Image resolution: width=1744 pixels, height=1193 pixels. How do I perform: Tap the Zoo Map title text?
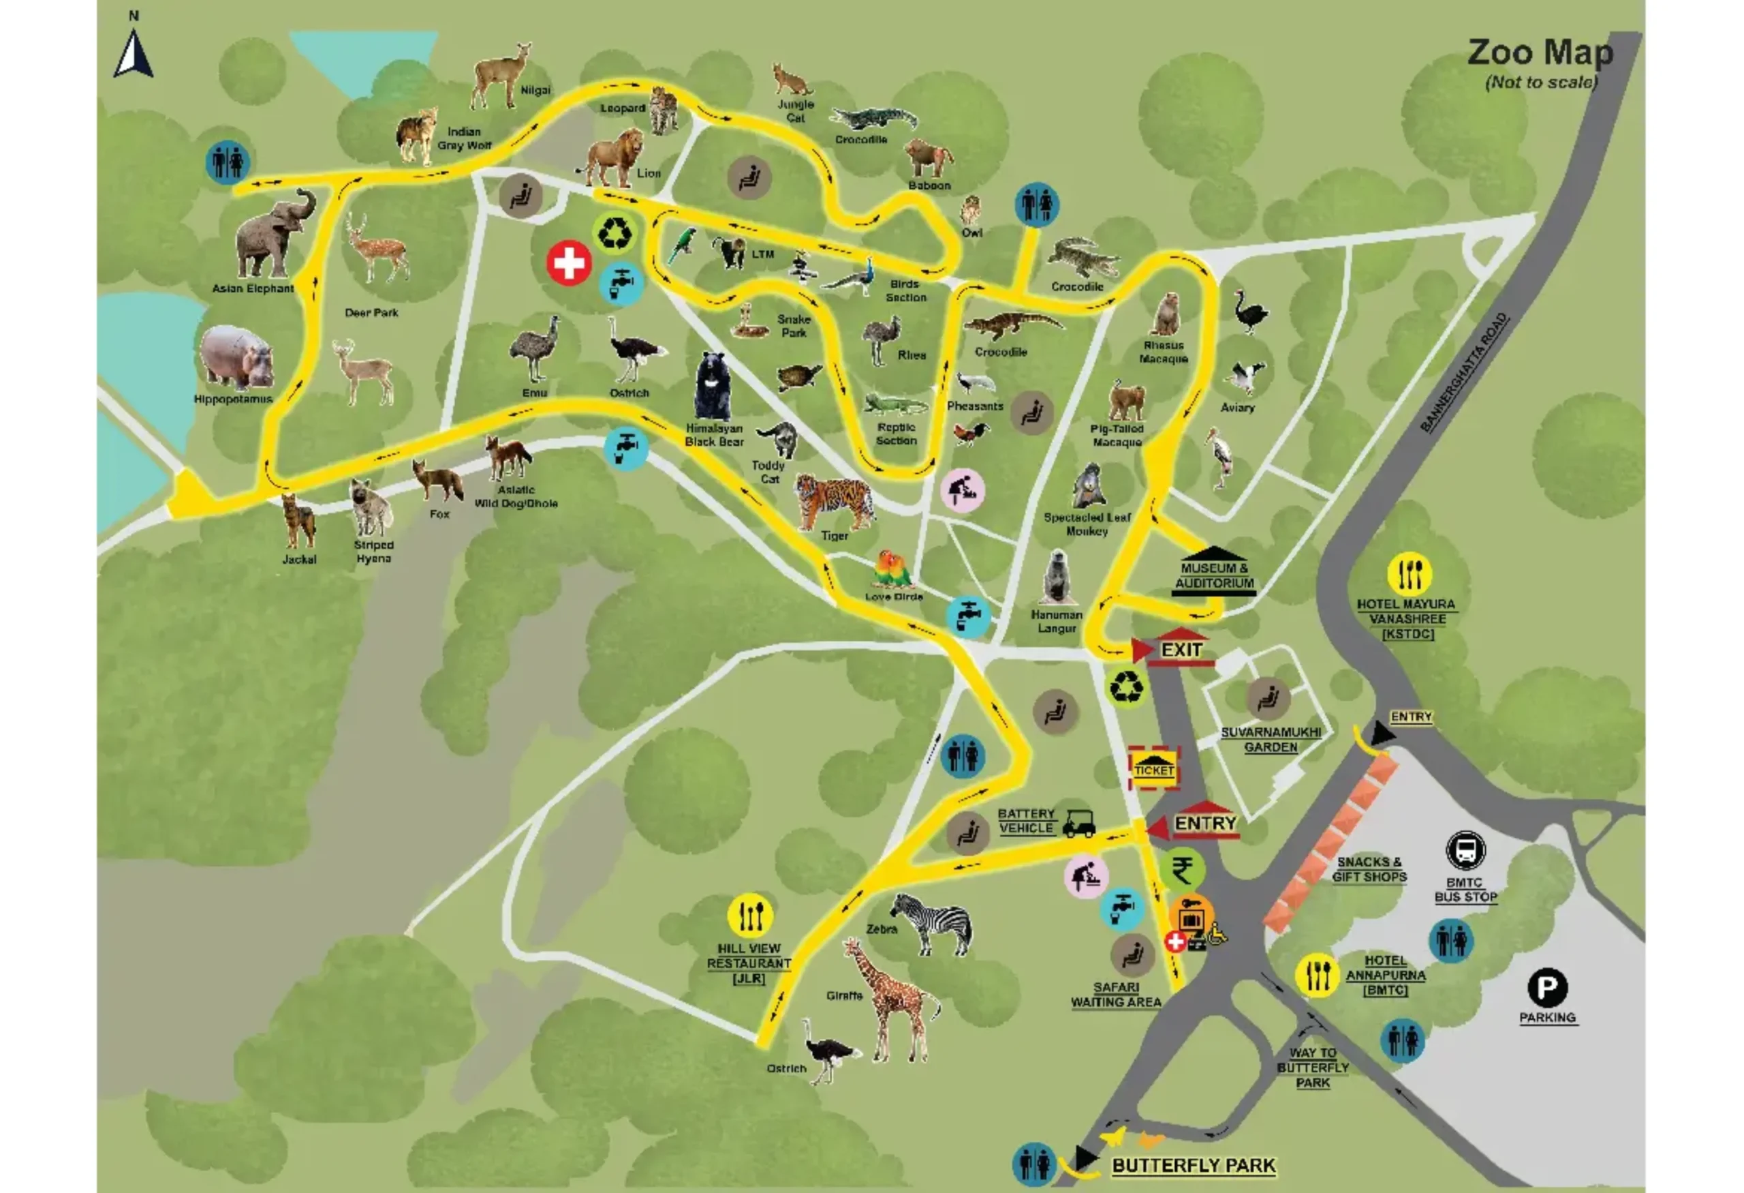(1539, 53)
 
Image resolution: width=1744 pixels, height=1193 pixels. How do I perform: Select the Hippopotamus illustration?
(236, 358)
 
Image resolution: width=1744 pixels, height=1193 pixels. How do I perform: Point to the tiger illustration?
(835, 501)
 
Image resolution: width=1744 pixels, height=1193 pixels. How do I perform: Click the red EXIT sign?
(1181, 650)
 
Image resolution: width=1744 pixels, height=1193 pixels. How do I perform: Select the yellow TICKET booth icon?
(1153, 769)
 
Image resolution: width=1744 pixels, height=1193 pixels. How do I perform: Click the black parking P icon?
(1546, 988)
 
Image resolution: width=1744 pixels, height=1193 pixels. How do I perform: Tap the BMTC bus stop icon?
(1465, 851)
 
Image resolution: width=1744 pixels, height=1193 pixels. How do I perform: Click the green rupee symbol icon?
(1181, 870)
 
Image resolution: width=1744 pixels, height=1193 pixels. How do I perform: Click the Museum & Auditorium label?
(1213, 576)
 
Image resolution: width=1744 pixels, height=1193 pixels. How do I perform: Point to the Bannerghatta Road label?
(1463, 372)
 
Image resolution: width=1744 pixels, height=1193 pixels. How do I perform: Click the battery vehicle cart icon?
(1078, 824)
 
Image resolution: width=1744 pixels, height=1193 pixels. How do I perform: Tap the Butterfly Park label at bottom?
(1193, 1165)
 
